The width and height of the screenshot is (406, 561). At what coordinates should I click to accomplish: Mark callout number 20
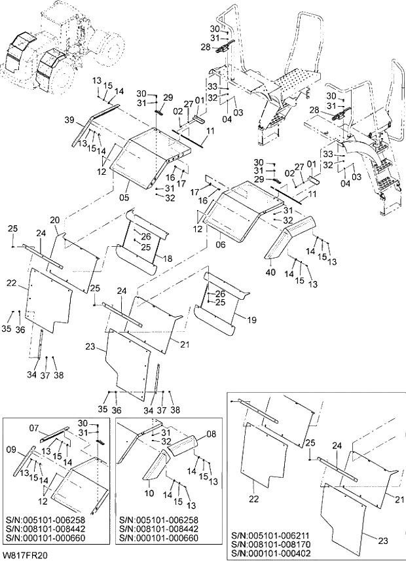[x=55, y=220]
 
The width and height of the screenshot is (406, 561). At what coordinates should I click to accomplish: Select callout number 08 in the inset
[x=211, y=433]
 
